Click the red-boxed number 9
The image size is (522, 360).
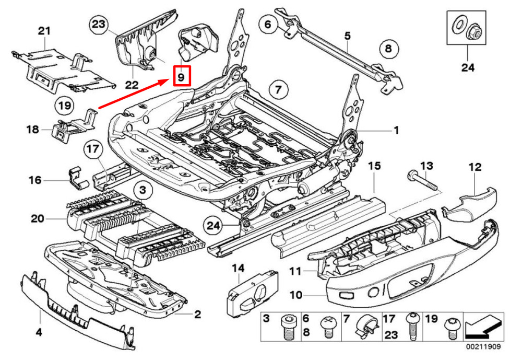[181, 77]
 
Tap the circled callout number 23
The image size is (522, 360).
[98, 25]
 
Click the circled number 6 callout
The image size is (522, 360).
[268, 24]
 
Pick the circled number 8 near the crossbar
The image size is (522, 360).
[388, 50]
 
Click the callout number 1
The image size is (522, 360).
[395, 130]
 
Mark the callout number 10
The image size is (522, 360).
[296, 295]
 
